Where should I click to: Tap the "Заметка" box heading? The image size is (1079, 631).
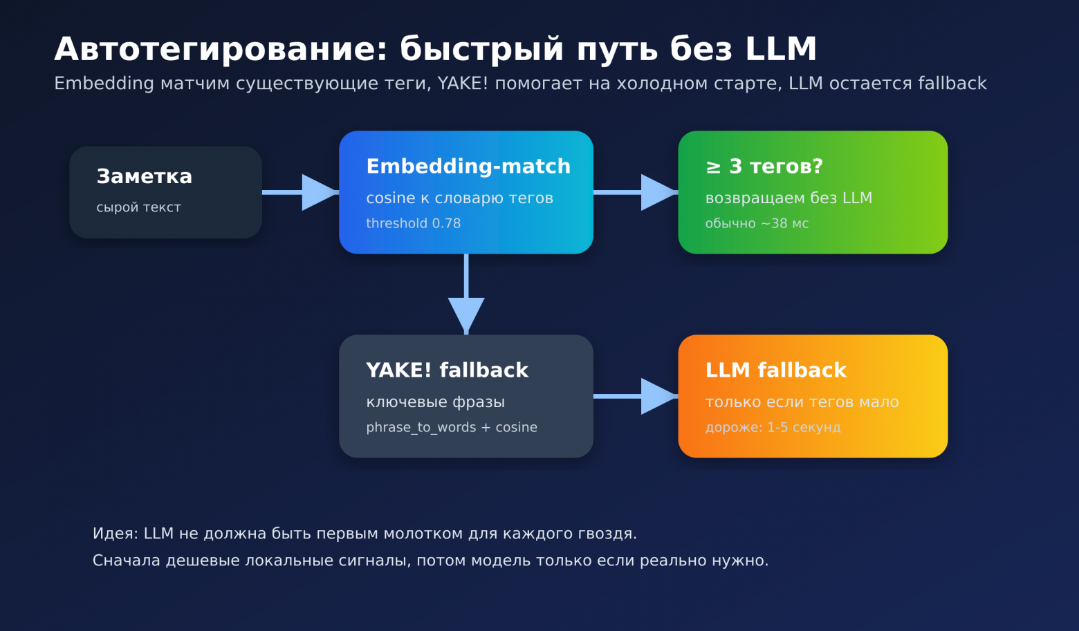pyautogui.click(x=144, y=177)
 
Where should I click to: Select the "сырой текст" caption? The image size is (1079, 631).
pyautogui.click(x=138, y=207)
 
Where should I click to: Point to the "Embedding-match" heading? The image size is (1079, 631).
pyautogui.click(x=468, y=167)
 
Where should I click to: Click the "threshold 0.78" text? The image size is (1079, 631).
pyautogui.click(x=413, y=223)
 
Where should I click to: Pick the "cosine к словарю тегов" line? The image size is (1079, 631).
pyautogui.click(x=459, y=198)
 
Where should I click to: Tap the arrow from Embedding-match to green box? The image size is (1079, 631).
pyautogui.click(x=636, y=192)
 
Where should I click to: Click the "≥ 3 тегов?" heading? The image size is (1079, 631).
pyautogui.click(x=764, y=167)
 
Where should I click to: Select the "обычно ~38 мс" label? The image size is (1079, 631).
pyautogui.click(x=757, y=223)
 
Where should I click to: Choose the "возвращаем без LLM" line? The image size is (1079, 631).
pyautogui.click(x=788, y=198)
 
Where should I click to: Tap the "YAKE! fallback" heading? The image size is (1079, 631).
pyautogui.click(x=447, y=370)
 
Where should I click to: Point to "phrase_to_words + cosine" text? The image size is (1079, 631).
pyautogui.click(x=452, y=427)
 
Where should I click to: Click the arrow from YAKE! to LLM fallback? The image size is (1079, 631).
pyautogui.click(x=636, y=396)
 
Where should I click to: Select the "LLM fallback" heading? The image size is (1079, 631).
pyautogui.click(x=775, y=370)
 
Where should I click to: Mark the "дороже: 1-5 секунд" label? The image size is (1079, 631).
pyautogui.click(x=773, y=427)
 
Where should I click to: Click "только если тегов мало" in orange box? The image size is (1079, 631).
pyautogui.click(x=802, y=402)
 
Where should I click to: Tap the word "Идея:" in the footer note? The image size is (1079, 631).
pyautogui.click(x=116, y=534)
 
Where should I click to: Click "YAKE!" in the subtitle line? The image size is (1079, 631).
pyautogui.click(x=463, y=84)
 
